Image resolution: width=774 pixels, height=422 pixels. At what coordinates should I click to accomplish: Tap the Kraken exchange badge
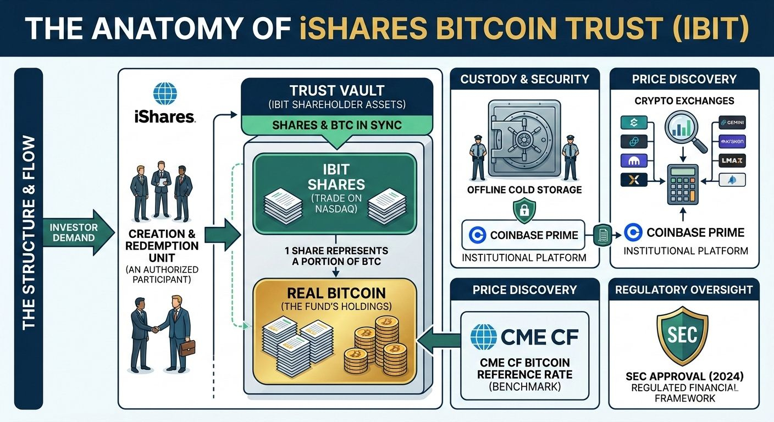pyautogui.click(x=732, y=142)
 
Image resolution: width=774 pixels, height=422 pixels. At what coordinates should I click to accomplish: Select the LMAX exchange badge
pyautogui.click(x=732, y=161)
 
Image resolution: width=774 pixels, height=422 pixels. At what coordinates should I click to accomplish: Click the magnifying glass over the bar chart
pyautogui.click(x=684, y=130)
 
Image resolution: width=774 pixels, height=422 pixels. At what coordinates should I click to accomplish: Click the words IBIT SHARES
pyautogui.click(x=334, y=176)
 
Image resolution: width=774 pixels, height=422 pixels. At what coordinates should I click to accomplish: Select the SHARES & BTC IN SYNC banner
pyautogui.click(x=337, y=125)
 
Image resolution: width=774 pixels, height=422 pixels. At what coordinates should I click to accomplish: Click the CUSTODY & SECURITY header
pyautogui.click(x=524, y=79)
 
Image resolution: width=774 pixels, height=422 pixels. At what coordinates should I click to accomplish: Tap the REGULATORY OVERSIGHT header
pyautogui.click(x=684, y=290)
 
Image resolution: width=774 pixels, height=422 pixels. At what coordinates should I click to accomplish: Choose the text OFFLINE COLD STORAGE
pyautogui.click(x=524, y=190)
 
